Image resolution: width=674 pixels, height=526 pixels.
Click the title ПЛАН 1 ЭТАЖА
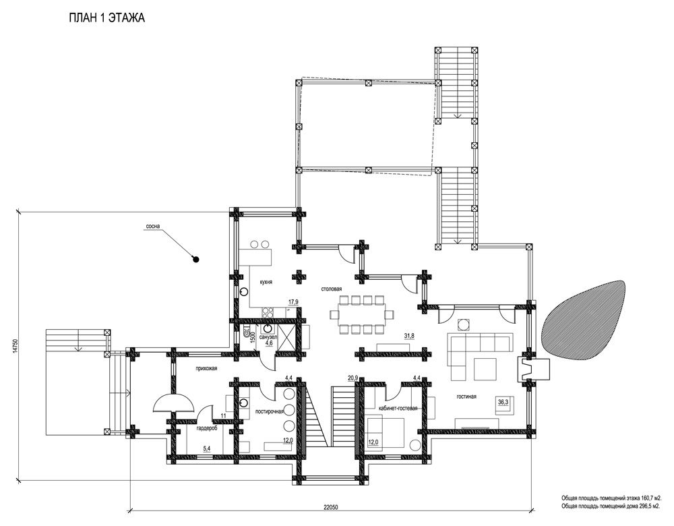(106, 18)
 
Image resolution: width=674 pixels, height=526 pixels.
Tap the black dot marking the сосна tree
(195, 260)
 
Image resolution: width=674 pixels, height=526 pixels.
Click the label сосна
(153, 226)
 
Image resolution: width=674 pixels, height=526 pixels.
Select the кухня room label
(266, 282)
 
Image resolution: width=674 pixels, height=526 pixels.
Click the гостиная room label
(466, 397)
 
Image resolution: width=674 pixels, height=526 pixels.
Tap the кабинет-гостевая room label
(398, 408)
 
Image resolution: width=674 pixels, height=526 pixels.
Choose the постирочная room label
(270, 411)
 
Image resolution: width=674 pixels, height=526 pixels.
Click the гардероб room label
(207, 430)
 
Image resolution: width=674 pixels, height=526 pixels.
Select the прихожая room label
(207, 369)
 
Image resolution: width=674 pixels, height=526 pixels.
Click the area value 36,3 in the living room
(503, 402)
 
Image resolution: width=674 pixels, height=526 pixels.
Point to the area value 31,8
(409, 336)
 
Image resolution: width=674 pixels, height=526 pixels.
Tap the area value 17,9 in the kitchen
(294, 302)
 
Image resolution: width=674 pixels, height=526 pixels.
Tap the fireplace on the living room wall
(532, 370)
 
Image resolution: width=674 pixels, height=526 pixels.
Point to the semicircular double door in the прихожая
(173, 403)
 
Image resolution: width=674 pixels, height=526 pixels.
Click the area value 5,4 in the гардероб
(207, 449)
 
